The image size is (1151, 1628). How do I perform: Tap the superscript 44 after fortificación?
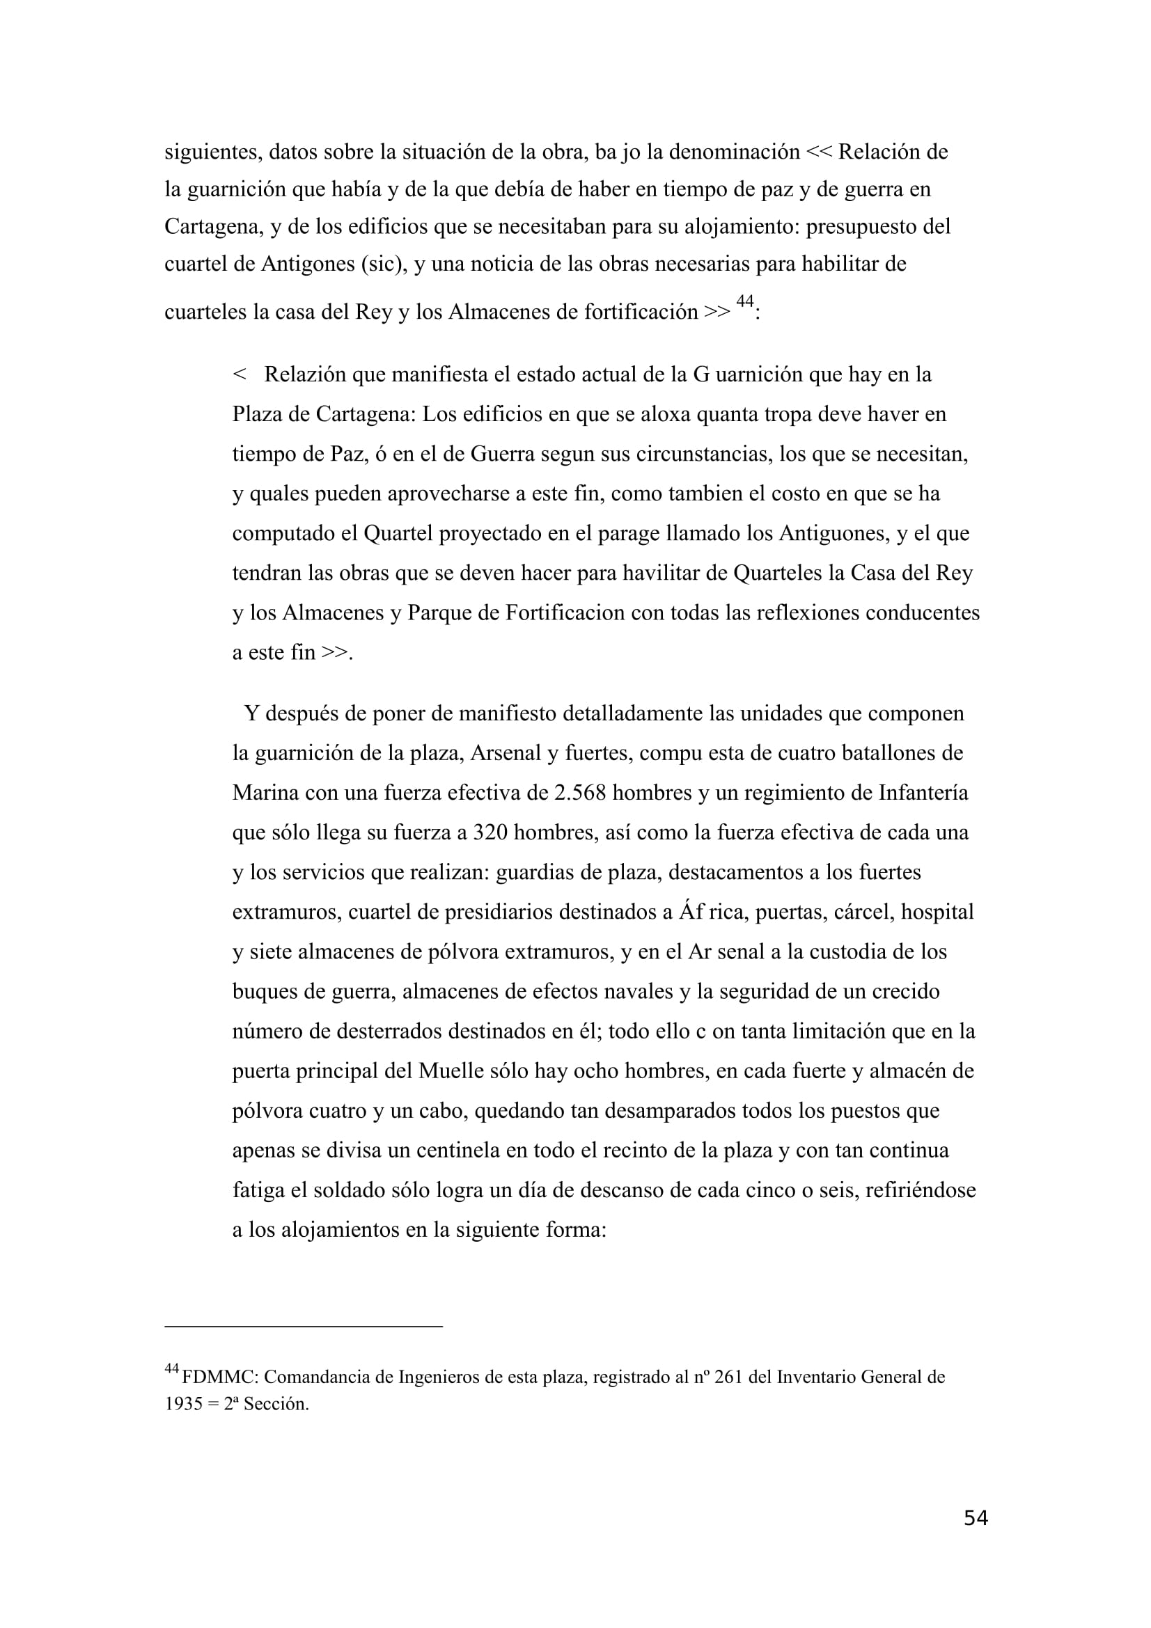pos(744,301)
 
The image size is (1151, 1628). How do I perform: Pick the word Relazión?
pos(305,374)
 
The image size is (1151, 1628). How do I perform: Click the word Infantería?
pos(923,792)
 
